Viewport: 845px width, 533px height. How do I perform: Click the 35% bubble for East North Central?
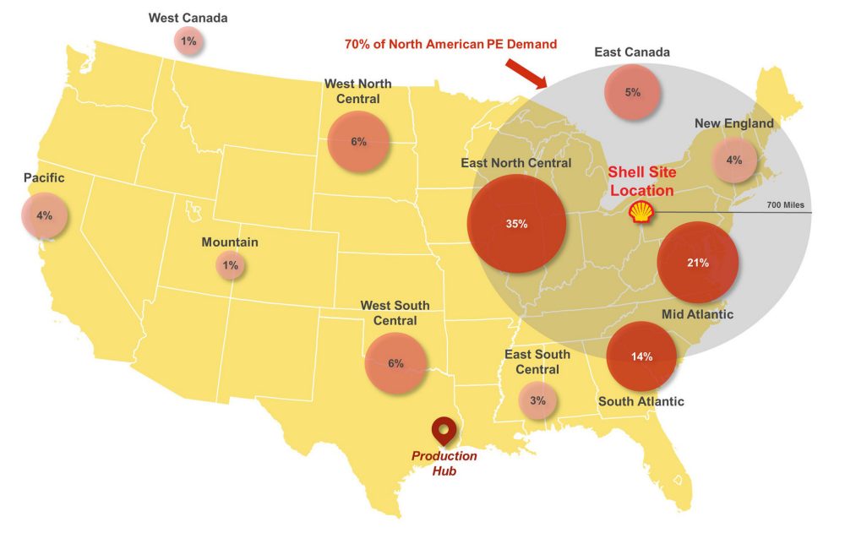point(516,224)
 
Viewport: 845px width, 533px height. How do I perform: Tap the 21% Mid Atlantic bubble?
point(697,263)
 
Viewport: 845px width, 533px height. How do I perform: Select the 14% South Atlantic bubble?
point(641,356)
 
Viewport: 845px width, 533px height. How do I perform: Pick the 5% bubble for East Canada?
point(632,92)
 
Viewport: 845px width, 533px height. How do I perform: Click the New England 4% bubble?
point(733,160)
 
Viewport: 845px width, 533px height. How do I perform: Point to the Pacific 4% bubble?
point(44,215)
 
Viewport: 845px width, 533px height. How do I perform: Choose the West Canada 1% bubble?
point(188,41)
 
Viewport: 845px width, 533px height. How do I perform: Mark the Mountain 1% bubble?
point(230,266)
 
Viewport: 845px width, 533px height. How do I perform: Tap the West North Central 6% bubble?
point(358,142)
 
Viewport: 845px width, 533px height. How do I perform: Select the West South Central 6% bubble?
point(395,363)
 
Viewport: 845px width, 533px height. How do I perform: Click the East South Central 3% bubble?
point(537,400)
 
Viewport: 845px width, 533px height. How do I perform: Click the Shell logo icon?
point(641,211)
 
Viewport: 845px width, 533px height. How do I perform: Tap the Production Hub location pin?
point(443,431)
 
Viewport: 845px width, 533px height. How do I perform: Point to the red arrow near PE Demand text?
point(530,75)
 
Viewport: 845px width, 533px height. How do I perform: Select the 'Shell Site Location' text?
point(642,182)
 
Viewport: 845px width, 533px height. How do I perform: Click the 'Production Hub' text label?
point(444,463)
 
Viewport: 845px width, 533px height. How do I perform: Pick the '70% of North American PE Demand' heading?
point(450,44)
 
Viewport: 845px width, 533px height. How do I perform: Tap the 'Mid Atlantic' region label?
point(698,314)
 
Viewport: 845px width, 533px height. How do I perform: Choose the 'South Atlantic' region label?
point(641,401)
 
